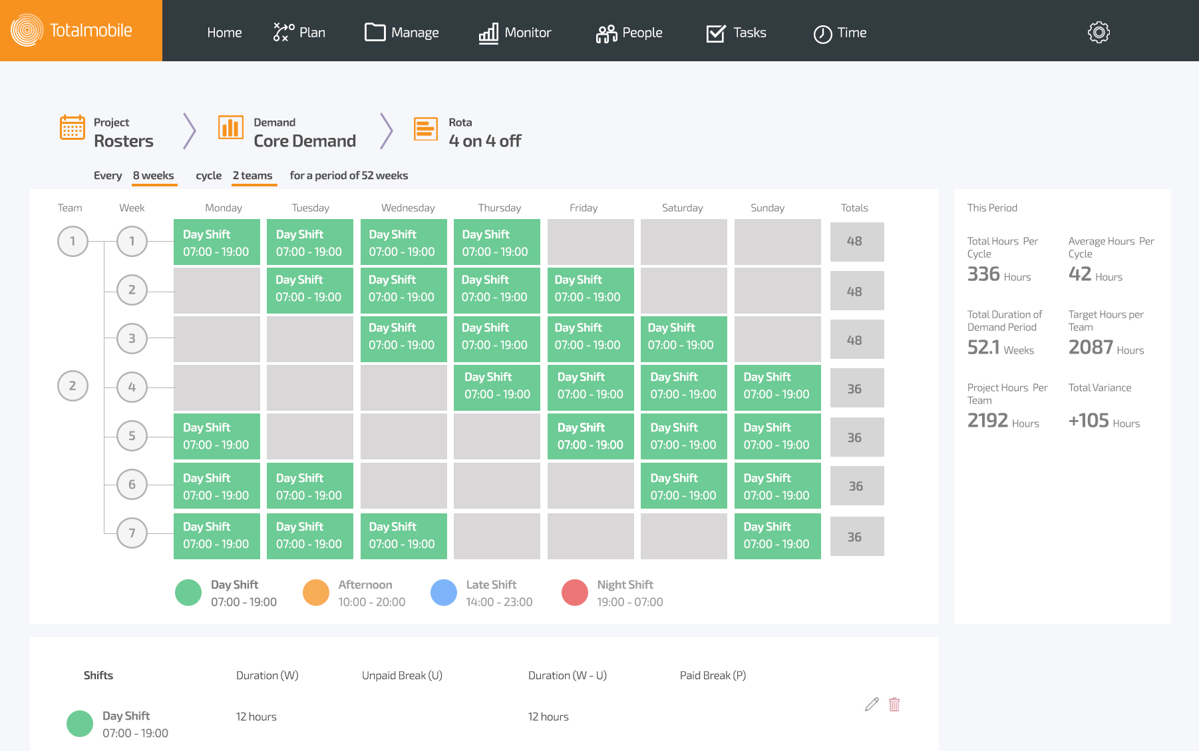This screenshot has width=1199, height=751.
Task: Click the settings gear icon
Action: coord(1099,32)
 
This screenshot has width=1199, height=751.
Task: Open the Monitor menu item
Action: coord(515,33)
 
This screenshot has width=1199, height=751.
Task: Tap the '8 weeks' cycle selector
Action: coord(153,176)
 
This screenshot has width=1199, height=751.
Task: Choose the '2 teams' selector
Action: coord(252,176)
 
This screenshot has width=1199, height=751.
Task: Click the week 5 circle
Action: coord(132,436)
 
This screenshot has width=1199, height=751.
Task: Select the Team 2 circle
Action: coord(73,386)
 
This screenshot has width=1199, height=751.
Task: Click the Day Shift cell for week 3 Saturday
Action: coord(683,337)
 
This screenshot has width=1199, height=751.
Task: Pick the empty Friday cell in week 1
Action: coord(590,242)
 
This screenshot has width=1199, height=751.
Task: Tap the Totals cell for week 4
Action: coord(856,388)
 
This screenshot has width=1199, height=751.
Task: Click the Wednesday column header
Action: coord(407,208)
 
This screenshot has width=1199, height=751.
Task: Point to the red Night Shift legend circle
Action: coord(574,593)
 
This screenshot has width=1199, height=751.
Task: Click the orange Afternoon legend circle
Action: coord(315,593)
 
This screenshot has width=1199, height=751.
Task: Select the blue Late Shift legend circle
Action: coord(443,593)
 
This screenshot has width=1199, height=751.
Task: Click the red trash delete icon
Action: coord(894,704)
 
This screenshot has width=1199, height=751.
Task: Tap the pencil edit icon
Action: coord(872,704)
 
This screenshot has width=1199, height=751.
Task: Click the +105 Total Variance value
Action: coord(1089,421)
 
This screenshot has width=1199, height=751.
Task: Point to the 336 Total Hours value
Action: coord(983,274)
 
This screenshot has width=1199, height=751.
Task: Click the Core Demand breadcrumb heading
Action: coord(305,141)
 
